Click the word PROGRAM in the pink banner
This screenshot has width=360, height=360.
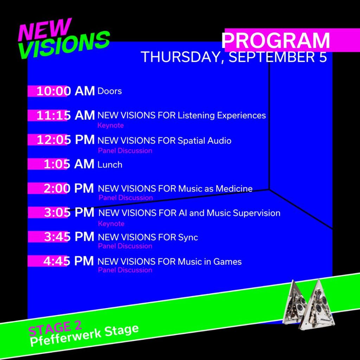pyautogui.click(x=276, y=40)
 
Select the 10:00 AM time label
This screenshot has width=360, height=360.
pyautogui.click(x=65, y=91)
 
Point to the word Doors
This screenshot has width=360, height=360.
pyautogui.click(x=110, y=91)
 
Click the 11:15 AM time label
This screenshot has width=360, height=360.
pyautogui.click(x=65, y=115)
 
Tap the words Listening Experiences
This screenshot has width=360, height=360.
pyautogui.click(x=222, y=115)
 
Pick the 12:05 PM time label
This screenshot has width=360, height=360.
pyautogui.click(x=65, y=140)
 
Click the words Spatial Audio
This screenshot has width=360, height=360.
pyautogui.click(x=205, y=141)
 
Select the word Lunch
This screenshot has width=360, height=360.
pyautogui.click(x=110, y=165)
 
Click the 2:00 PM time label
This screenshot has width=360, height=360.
pyautogui.click(x=69, y=188)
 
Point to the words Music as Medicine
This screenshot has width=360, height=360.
pyautogui.click(x=215, y=189)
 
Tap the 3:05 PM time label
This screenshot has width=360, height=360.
pyautogui.click(x=69, y=212)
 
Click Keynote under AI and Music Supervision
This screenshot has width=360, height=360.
pyautogui.click(x=111, y=224)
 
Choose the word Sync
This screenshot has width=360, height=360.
pyautogui.click(x=188, y=237)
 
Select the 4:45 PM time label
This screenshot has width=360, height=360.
pyautogui.click(x=69, y=261)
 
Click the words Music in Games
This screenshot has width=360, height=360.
pyautogui.click(x=210, y=262)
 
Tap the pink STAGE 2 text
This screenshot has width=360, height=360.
pyautogui.click(x=55, y=328)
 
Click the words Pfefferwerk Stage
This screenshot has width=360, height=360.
pyautogui.click(x=84, y=336)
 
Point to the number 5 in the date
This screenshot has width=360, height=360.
pyautogui.click(x=323, y=57)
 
